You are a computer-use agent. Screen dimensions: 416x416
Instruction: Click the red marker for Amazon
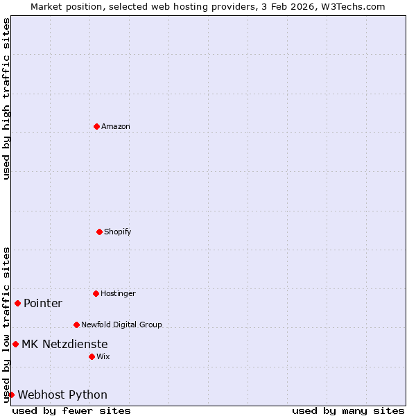tap(96, 126)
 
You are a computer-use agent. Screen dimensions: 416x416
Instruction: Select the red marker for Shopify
tap(99, 232)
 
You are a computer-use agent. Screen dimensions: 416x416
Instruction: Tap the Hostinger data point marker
tap(96, 293)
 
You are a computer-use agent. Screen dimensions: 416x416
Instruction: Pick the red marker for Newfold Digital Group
tap(76, 324)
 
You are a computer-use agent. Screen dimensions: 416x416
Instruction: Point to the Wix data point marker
tap(92, 356)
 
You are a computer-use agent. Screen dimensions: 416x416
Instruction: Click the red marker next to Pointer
tap(17, 303)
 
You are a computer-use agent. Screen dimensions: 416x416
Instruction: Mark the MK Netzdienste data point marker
tap(15, 344)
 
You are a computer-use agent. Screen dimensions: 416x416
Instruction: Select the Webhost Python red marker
tap(11, 395)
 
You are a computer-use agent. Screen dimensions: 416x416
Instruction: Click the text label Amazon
tap(116, 126)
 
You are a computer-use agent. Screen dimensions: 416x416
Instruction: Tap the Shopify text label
tap(118, 232)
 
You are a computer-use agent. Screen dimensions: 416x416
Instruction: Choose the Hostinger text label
tap(118, 293)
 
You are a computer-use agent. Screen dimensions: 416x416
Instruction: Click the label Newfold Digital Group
tap(121, 324)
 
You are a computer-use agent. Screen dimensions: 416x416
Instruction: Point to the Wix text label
tap(103, 356)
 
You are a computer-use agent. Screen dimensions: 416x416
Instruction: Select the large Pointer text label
tap(43, 303)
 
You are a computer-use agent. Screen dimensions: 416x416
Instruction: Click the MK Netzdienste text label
tap(64, 344)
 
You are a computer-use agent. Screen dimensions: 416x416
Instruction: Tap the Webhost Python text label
tap(62, 395)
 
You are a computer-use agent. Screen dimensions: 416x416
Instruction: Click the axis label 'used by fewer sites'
tap(71, 410)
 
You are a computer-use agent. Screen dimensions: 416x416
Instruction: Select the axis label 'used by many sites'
tap(348, 410)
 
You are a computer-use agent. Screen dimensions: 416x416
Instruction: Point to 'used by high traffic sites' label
tap(6, 98)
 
